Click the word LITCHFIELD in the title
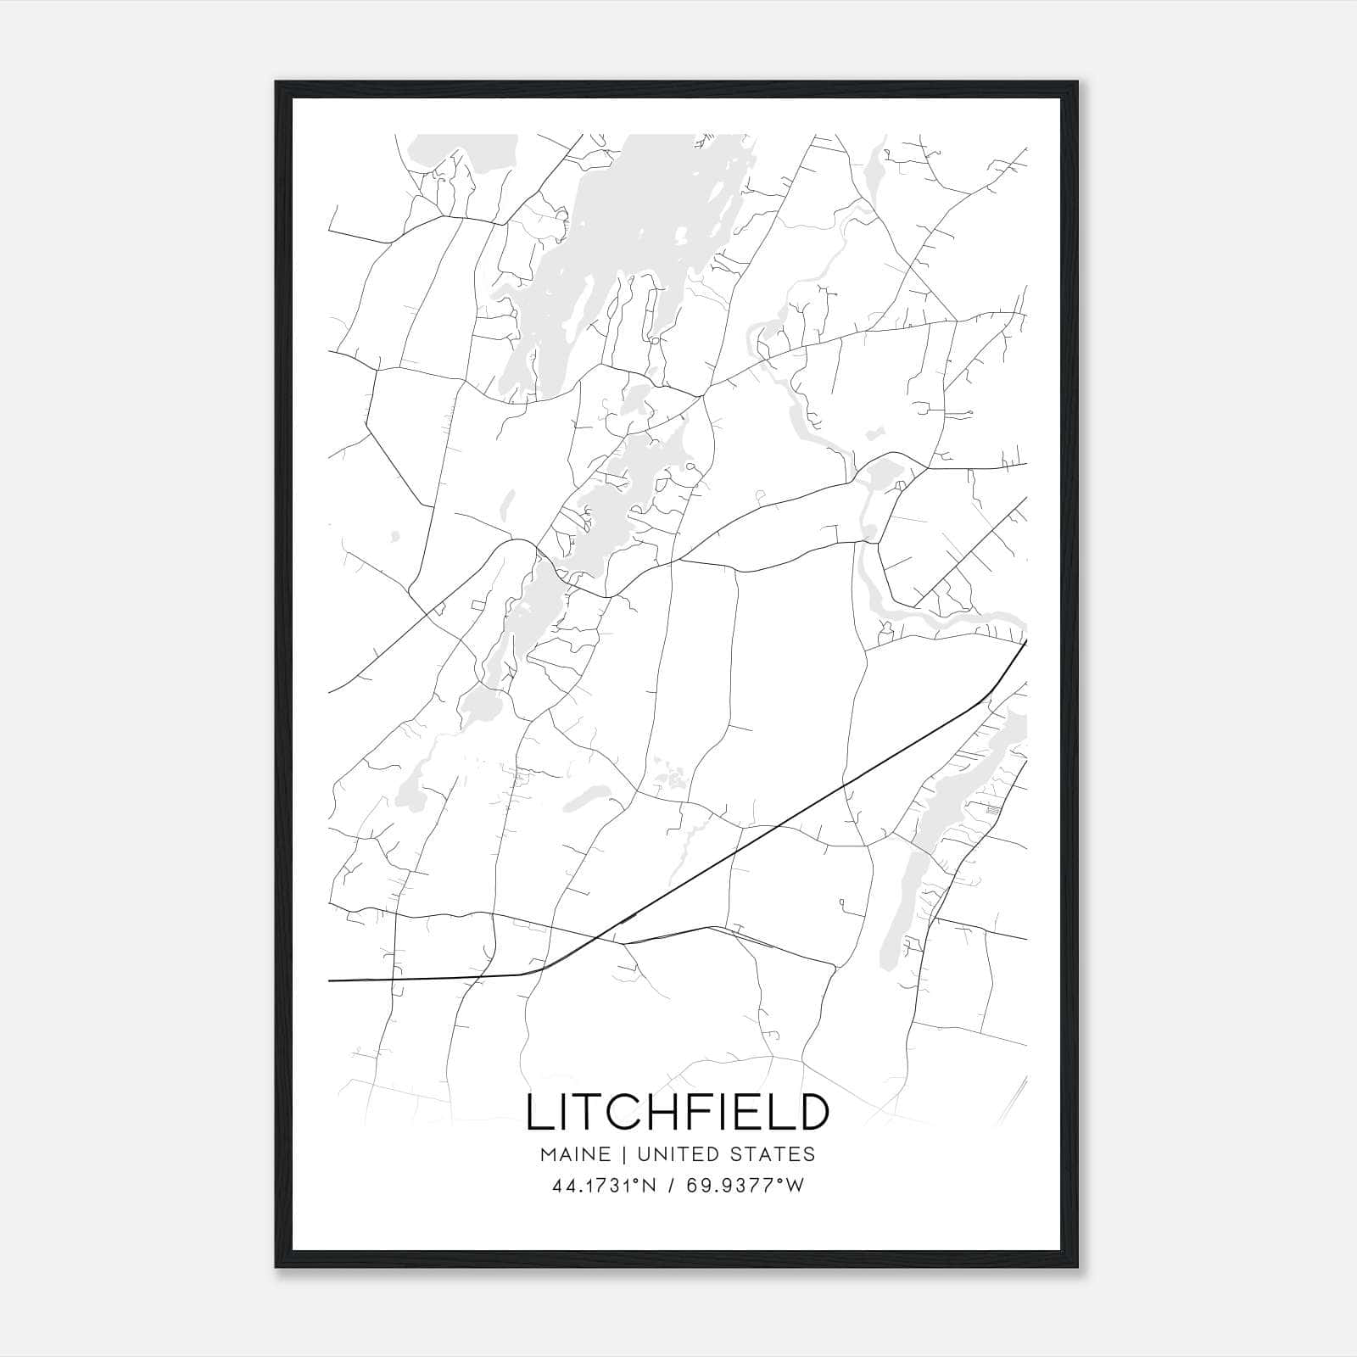tap(677, 1112)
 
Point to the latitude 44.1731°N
tap(604, 1187)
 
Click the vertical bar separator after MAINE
tap(623, 1154)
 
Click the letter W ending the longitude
tap(796, 1187)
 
